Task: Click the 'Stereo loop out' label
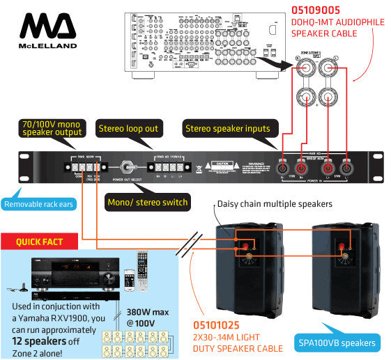[x=128, y=128]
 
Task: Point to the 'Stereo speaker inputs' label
[x=227, y=128]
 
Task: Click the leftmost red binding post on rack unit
[x=285, y=168]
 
